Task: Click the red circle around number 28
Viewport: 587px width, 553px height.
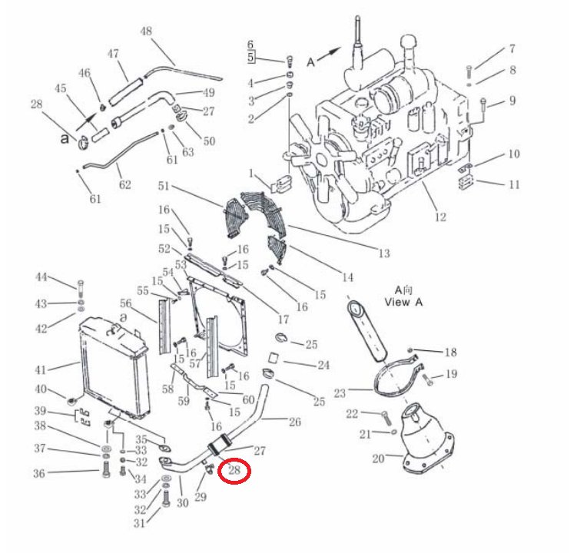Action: [234, 471]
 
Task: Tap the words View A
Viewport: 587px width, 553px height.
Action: [403, 302]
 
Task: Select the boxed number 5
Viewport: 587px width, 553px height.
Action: [250, 58]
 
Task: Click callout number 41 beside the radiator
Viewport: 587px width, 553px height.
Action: [41, 370]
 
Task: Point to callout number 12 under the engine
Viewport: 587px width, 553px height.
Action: [440, 217]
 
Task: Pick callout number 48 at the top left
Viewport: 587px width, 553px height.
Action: [146, 31]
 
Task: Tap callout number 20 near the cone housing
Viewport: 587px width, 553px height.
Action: [378, 458]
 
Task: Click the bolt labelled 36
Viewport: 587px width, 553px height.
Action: [106, 469]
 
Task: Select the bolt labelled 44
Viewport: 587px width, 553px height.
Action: [80, 288]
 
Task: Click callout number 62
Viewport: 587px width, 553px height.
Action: [125, 184]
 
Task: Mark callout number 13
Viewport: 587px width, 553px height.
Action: [384, 253]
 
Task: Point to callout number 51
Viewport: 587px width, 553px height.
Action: [164, 186]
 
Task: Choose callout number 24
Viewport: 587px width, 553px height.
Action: [323, 365]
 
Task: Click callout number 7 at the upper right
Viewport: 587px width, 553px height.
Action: [512, 48]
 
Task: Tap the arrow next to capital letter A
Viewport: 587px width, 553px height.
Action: [330, 53]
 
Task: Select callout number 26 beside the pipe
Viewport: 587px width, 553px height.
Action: [295, 422]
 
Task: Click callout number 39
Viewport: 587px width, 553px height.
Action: [40, 411]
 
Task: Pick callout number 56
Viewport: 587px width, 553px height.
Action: [126, 303]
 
